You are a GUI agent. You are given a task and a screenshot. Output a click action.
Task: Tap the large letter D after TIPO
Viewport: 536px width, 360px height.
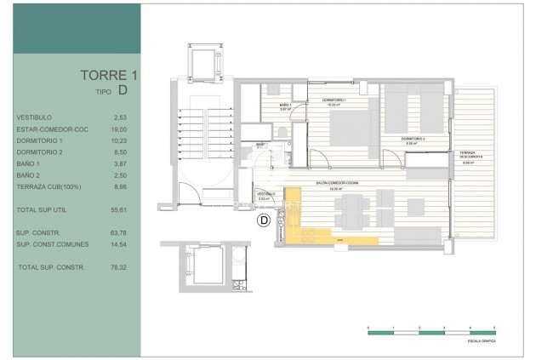pyautogui.click(x=123, y=89)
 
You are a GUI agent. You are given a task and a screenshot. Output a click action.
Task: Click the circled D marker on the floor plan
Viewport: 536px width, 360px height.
pyautogui.click(x=264, y=220)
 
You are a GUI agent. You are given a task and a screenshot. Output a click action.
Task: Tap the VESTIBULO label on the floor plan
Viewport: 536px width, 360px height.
pyautogui.click(x=265, y=193)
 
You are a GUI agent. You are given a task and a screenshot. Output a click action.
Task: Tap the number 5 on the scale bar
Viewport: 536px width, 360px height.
pyautogui.click(x=494, y=328)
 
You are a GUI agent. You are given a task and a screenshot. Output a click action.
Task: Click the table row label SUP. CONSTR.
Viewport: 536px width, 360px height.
pyautogui.click(x=36, y=231)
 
